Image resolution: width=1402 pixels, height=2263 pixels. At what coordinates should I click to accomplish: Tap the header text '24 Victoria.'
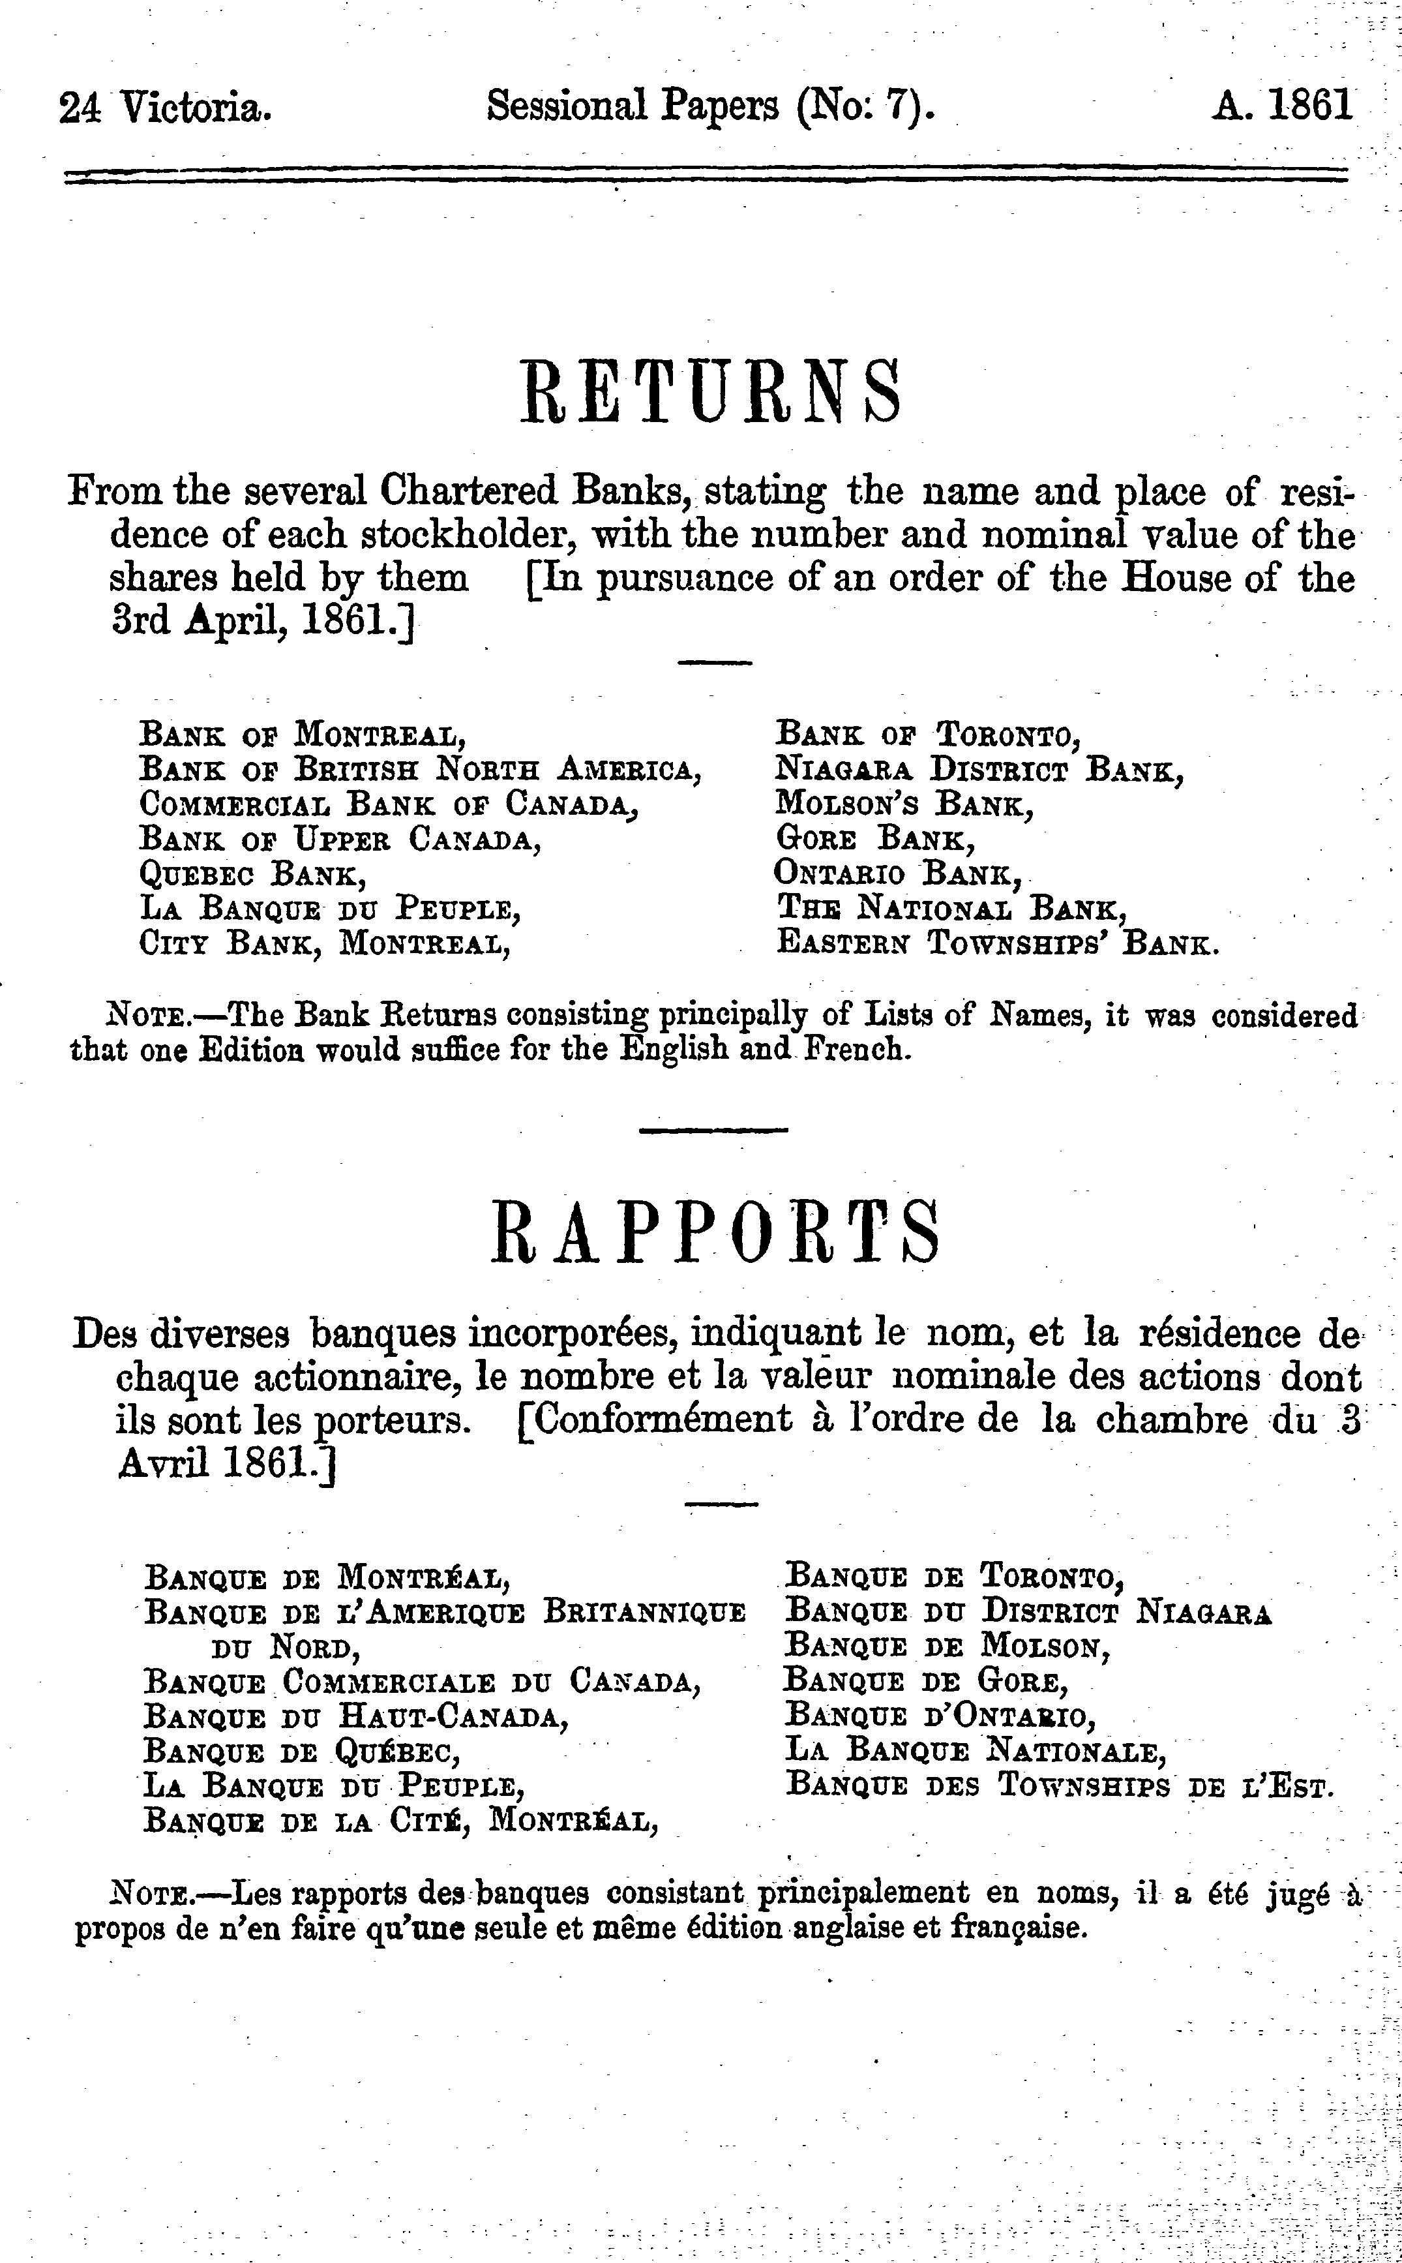(165, 108)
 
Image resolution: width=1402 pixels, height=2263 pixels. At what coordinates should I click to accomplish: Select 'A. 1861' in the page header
(1281, 106)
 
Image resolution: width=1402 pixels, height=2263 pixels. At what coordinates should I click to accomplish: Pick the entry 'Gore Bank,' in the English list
(874, 838)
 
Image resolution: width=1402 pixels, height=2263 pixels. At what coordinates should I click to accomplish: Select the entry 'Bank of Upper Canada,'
(340, 838)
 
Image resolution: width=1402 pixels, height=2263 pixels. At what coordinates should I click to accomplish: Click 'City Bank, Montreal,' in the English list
(325, 943)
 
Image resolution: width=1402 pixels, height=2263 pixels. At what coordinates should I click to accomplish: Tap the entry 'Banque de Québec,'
(303, 1752)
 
